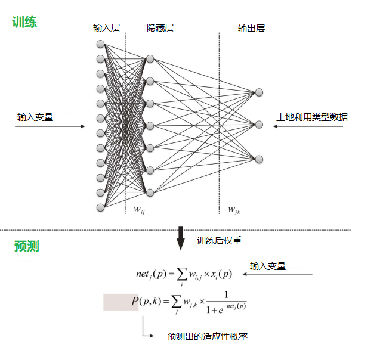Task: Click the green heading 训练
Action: tap(24, 23)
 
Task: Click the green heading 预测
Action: tap(27, 246)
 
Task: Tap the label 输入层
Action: tap(106, 28)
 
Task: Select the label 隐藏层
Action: tap(160, 28)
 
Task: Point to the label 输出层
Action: tap(251, 28)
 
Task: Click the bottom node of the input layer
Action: tap(100, 207)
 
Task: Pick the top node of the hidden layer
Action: tap(150, 58)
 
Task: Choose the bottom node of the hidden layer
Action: tap(150, 192)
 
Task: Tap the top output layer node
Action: tap(259, 92)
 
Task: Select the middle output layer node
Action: tap(259, 125)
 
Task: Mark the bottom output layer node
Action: tap(259, 159)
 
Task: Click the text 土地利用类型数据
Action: tap(312, 117)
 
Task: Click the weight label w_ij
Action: tap(138, 209)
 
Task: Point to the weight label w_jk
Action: tap(234, 209)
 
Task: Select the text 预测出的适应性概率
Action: tap(207, 337)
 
